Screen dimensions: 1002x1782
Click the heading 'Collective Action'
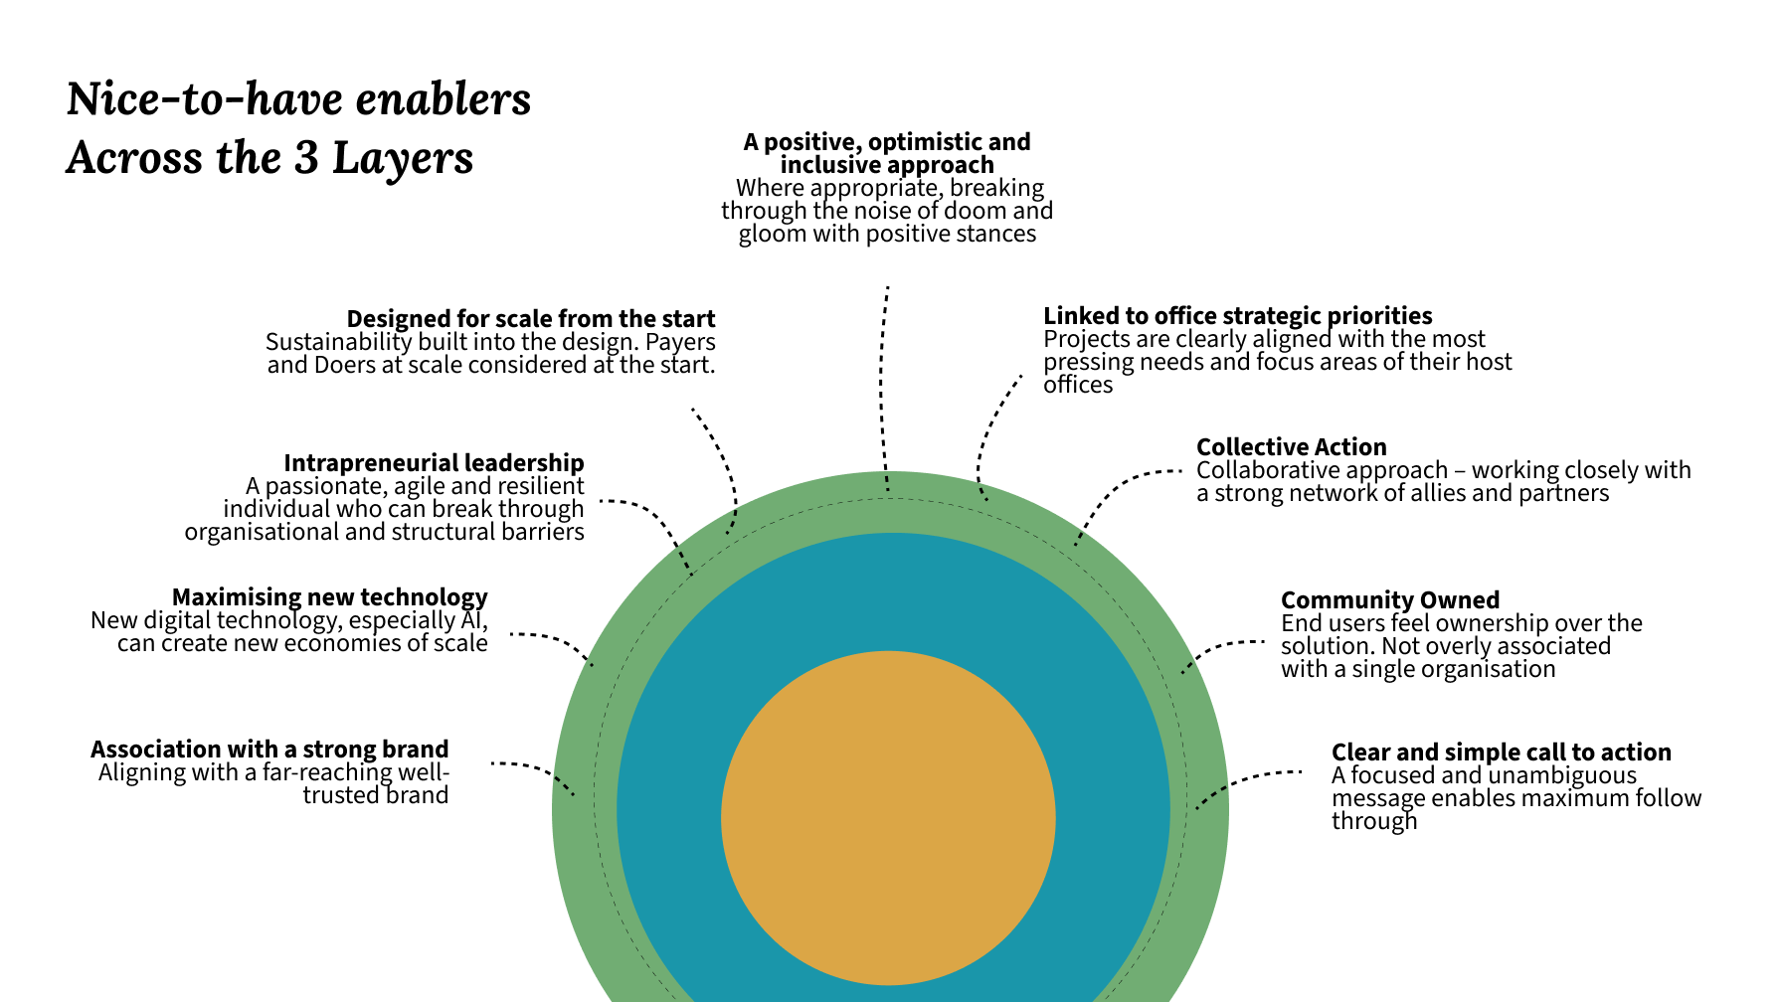coord(1291,447)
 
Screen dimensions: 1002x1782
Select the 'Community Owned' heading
coord(1389,600)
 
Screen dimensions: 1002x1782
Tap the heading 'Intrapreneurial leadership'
coord(434,463)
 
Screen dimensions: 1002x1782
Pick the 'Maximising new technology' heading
coord(329,597)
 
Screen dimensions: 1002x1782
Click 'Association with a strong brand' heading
coord(269,750)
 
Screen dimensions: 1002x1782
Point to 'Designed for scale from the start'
coord(530,319)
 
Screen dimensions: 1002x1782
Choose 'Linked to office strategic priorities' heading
coord(1237,316)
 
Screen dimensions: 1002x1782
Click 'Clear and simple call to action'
coord(1501,752)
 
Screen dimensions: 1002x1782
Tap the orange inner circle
coord(887,817)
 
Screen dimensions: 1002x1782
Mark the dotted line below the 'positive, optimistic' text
coord(882,388)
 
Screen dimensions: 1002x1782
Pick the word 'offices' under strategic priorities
coord(1077,385)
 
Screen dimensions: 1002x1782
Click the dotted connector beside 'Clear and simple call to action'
coord(1243,780)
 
